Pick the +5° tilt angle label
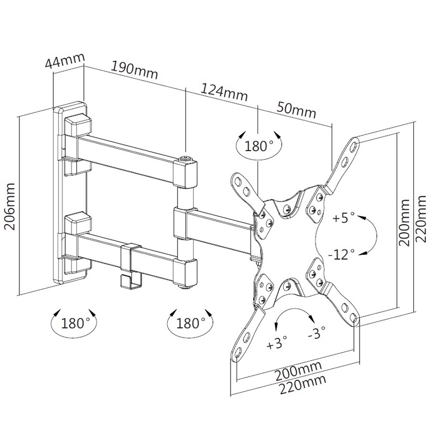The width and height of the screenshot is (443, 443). (344, 218)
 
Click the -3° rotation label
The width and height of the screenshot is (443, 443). (318, 334)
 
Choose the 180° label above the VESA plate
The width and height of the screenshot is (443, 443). (259, 145)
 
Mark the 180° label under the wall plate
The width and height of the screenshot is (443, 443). (75, 323)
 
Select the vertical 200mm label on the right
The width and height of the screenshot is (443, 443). (406, 222)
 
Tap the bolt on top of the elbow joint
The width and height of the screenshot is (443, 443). (185, 159)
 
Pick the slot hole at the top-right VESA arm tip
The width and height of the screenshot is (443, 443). (353, 145)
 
